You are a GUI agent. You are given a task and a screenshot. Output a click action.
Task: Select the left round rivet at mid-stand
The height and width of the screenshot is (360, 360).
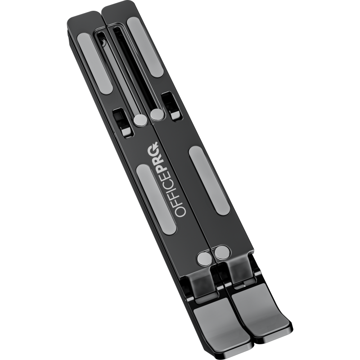point(140,120)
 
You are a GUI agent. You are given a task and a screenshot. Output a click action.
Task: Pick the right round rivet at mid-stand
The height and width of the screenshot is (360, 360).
point(157,114)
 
